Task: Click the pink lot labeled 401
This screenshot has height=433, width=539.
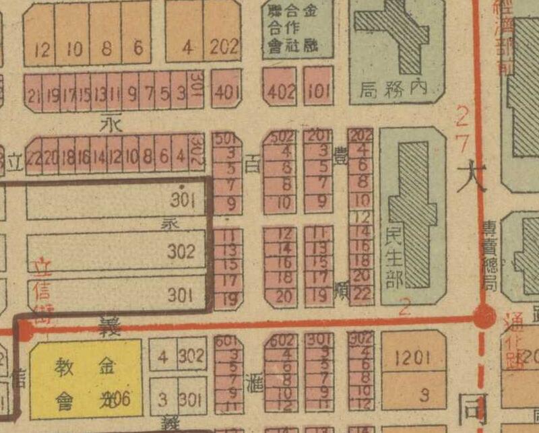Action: coord(226,92)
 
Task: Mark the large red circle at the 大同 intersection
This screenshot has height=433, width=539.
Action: coord(483,317)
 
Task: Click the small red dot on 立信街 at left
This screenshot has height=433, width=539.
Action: coord(25,330)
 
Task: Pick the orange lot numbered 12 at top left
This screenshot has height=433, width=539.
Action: coord(41,48)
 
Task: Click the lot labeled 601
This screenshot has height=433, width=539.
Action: coord(228,341)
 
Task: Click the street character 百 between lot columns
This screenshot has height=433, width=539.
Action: coord(251,164)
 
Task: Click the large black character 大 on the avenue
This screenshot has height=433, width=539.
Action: coord(470,178)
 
